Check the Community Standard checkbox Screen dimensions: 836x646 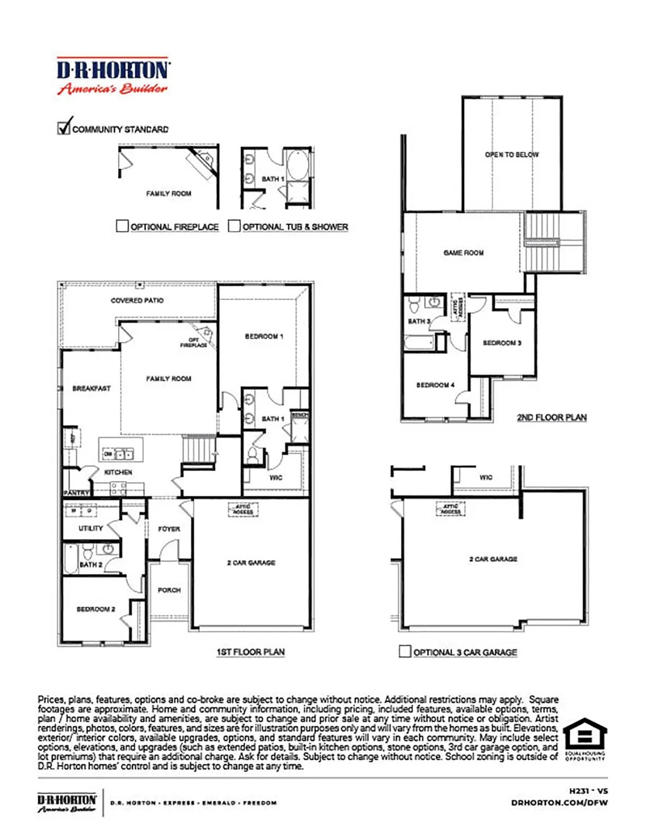click(64, 128)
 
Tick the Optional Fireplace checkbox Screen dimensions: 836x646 click(122, 226)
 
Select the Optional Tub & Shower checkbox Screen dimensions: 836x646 click(234, 226)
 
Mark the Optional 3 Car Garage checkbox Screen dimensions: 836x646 click(405, 651)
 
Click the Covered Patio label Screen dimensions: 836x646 click(137, 300)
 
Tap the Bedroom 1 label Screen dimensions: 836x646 click(264, 336)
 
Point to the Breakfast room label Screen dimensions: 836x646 click(91, 389)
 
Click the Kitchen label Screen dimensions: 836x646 click(118, 472)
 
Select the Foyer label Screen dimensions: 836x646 click(169, 529)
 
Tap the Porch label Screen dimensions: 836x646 click(169, 590)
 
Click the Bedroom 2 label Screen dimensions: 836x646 click(96, 609)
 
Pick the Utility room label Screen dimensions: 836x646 click(90, 528)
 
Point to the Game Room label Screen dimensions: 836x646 click(463, 253)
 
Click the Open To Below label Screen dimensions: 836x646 click(512, 155)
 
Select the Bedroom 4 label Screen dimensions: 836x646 click(435, 385)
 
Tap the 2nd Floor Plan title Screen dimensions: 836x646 click(551, 417)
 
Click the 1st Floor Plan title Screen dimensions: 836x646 click(250, 652)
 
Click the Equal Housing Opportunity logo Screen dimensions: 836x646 click(585, 739)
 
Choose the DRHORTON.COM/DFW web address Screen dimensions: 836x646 click(559, 803)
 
